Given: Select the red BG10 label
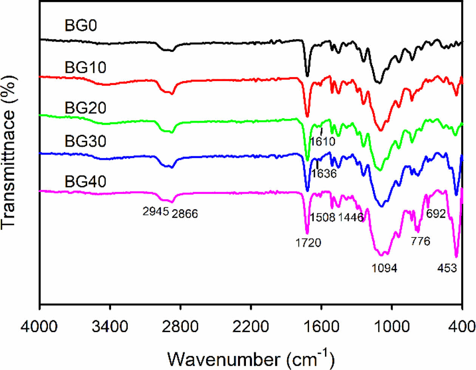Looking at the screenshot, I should (x=86, y=68).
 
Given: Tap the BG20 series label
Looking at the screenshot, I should (x=86, y=108).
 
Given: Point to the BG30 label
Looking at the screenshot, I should (x=86, y=141).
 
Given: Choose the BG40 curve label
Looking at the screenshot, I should (x=86, y=182).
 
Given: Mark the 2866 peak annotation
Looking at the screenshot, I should (x=185, y=214).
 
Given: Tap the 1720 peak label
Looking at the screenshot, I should (x=308, y=242).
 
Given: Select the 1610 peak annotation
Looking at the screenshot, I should (x=323, y=142).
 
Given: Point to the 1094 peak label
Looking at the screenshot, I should (x=385, y=268).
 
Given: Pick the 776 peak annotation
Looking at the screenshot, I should (x=420, y=241).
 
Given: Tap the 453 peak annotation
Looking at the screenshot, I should (x=447, y=268).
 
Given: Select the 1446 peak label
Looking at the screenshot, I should (x=351, y=217).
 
